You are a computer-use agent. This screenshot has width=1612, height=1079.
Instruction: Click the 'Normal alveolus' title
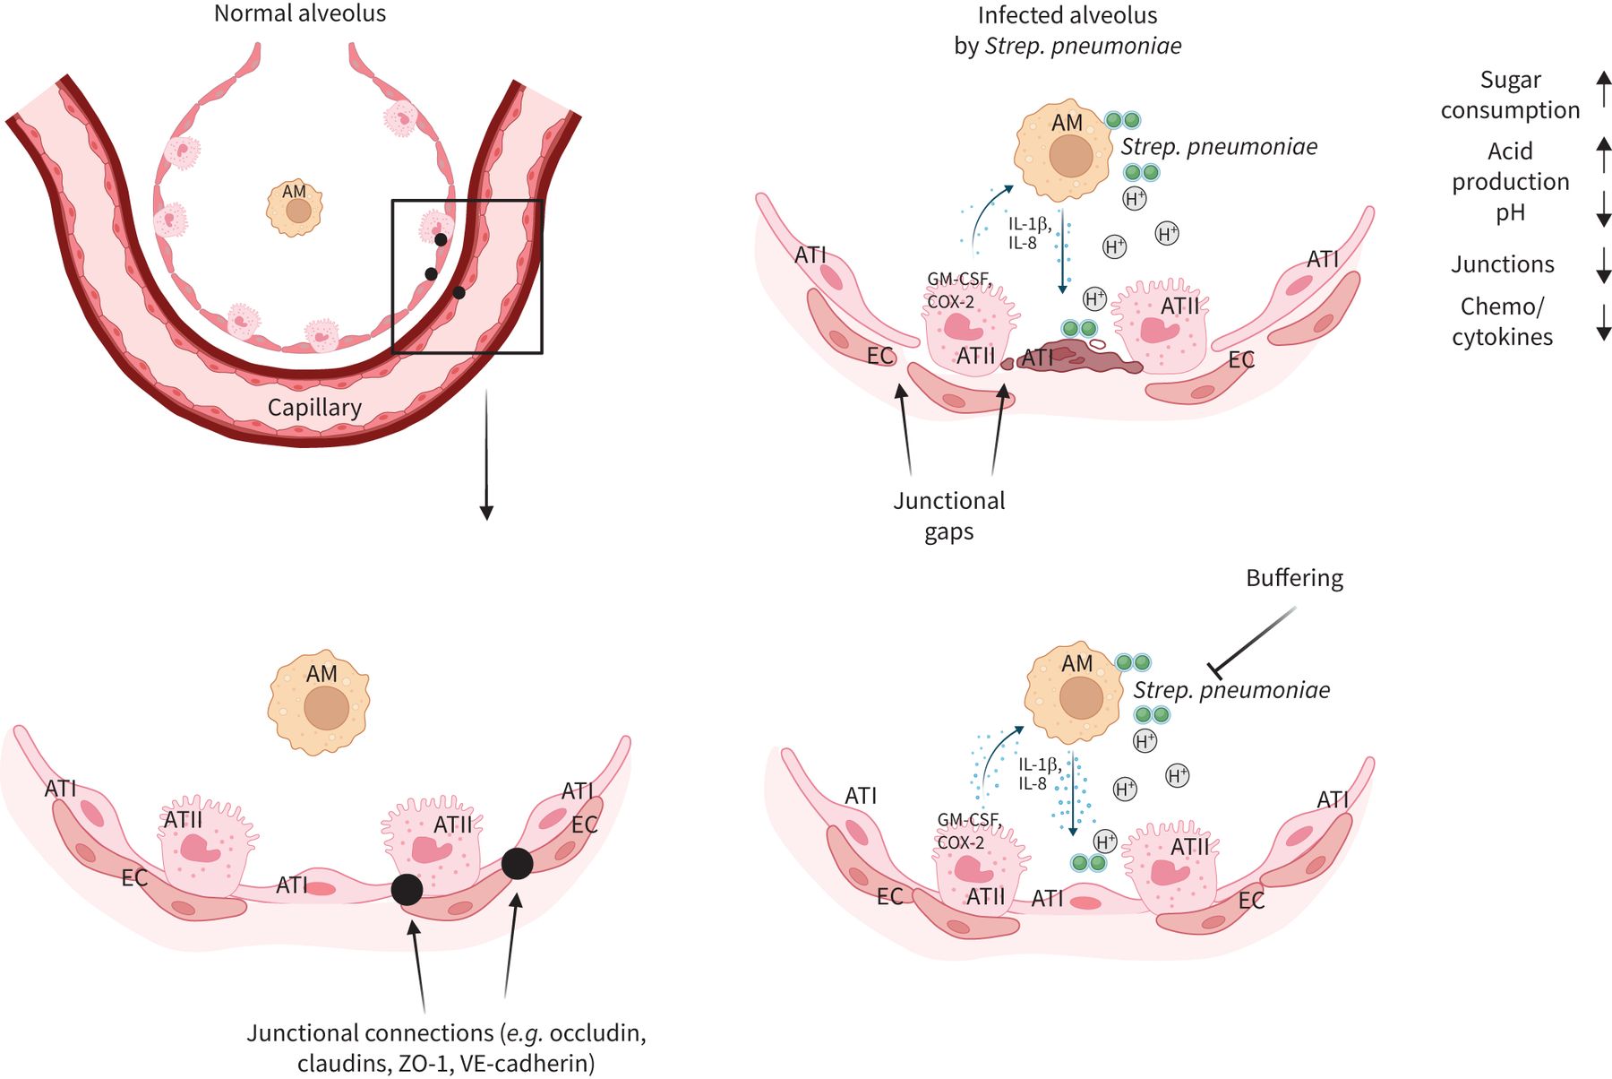(x=300, y=14)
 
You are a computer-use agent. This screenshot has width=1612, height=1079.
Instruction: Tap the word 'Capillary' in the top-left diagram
(x=314, y=408)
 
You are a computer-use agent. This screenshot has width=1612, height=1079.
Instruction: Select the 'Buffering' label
(x=1294, y=579)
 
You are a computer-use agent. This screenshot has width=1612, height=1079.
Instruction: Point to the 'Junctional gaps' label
(x=949, y=515)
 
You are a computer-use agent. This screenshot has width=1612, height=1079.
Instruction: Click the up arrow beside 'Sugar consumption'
(x=1603, y=90)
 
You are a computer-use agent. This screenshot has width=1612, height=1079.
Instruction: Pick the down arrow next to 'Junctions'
(x=1603, y=264)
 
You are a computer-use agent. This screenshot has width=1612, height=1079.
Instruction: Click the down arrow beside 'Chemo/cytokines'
(x=1603, y=322)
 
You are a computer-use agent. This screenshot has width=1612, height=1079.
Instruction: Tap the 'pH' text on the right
(x=1510, y=213)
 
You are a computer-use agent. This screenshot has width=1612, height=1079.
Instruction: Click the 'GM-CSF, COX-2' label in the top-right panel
(x=959, y=290)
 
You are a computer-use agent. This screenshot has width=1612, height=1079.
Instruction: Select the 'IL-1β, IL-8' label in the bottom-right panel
(x=1039, y=773)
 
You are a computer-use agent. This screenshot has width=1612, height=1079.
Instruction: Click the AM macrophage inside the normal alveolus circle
(x=296, y=207)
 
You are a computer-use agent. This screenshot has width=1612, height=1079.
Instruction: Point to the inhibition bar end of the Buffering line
(x=1215, y=669)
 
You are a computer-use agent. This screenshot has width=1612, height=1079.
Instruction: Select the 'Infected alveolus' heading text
(x=1067, y=16)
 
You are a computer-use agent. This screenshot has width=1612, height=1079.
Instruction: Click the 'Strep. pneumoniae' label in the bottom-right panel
(x=1231, y=690)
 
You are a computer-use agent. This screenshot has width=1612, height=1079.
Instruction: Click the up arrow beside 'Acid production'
(x=1603, y=154)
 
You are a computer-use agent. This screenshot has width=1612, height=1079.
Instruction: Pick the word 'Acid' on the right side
(x=1510, y=151)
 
